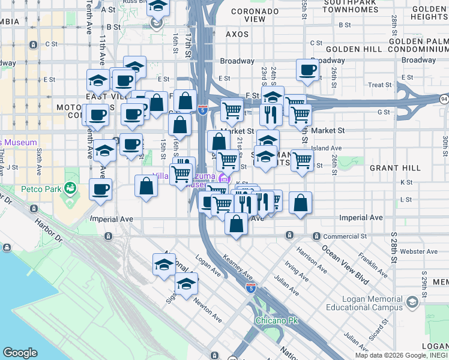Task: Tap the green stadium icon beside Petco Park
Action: [x=71, y=189]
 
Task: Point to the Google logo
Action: [x=20, y=353]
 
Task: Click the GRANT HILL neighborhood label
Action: [x=391, y=169]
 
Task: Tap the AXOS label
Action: [x=237, y=34]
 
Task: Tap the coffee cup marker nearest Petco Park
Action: [x=100, y=190]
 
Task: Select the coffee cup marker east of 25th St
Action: [x=307, y=70]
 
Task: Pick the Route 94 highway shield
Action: [x=443, y=98]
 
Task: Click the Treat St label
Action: [x=379, y=85]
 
